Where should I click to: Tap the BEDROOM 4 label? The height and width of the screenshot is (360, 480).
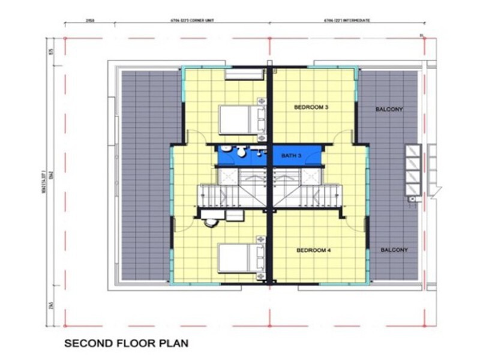click(x=313, y=250)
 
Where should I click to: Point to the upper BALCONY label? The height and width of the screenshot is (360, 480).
click(x=389, y=109)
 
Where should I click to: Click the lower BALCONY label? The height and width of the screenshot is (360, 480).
click(x=393, y=250)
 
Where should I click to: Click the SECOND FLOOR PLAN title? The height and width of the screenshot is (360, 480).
click(x=126, y=344)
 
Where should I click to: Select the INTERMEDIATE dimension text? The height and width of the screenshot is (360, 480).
click(x=347, y=20)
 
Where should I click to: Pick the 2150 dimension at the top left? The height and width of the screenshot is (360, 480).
click(x=91, y=20)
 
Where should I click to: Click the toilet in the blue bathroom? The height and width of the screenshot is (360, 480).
click(x=241, y=152)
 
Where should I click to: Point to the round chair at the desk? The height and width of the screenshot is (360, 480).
click(x=211, y=223)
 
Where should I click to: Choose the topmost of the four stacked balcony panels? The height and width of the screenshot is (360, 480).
click(x=412, y=150)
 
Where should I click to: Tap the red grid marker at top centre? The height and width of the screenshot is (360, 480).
click(x=269, y=38)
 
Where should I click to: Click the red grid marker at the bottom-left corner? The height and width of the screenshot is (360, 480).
click(x=65, y=326)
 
